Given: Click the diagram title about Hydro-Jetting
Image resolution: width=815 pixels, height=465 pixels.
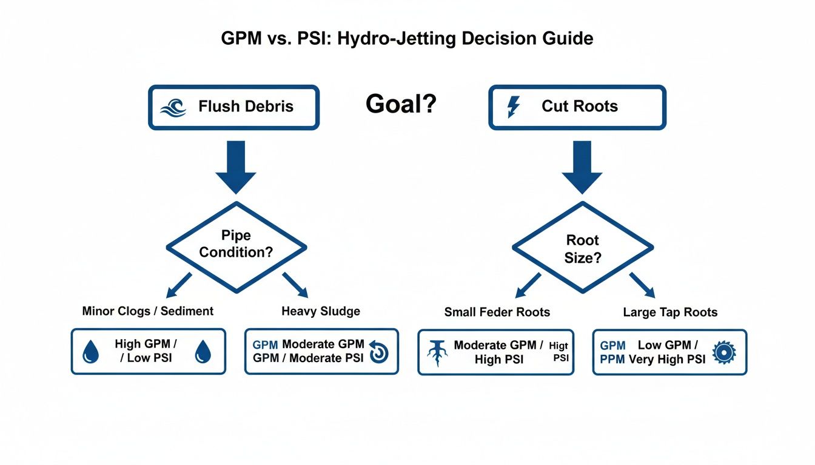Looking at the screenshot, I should click(x=407, y=39).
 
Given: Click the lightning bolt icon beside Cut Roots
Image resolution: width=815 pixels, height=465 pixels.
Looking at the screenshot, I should click(x=513, y=107).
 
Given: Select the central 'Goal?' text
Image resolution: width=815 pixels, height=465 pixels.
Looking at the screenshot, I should click(x=401, y=105).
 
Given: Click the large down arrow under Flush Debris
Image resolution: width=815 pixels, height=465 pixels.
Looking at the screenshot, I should click(x=235, y=167).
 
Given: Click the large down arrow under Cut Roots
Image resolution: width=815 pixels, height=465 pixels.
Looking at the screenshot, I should click(x=582, y=167).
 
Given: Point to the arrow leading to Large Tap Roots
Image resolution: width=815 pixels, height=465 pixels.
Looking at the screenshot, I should click(x=642, y=284).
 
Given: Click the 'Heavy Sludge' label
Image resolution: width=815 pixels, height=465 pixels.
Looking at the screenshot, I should click(x=321, y=311).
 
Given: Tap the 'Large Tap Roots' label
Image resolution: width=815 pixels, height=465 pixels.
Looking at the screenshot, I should click(x=670, y=312).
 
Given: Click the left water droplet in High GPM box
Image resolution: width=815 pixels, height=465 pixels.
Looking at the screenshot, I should click(x=90, y=352).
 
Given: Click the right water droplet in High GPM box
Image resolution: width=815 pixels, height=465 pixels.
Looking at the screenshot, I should click(x=203, y=352).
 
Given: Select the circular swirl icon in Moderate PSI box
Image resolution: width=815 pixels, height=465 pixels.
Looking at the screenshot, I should click(x=378, y=352).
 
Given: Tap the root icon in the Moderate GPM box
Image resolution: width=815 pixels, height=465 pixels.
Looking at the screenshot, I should click(x=437, y=353).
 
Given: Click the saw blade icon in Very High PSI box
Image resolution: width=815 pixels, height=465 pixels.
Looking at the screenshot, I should click(x=723, y=352).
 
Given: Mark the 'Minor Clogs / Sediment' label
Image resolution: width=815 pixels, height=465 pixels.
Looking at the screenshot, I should click(x=148, y=311).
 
